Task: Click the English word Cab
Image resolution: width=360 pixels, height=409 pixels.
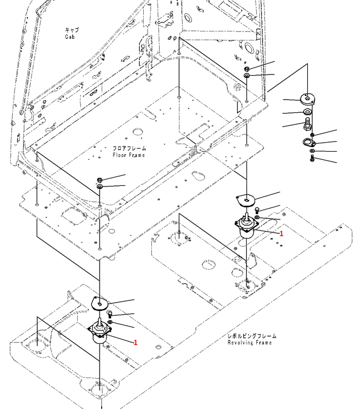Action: pos(70,37)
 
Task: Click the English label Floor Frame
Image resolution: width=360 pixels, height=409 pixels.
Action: pos(129,155)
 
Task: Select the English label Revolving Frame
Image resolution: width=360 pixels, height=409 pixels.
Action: pos(249,343)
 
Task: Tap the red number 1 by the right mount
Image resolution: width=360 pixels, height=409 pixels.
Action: pos(281,234)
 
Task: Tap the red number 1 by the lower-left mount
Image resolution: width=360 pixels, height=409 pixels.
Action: pos(135,342)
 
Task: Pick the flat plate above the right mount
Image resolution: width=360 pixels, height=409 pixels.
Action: pos(246,200)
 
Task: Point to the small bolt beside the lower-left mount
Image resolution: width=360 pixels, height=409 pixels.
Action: pos(109,314)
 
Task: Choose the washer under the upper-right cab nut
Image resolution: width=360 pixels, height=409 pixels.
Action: pos(248,76)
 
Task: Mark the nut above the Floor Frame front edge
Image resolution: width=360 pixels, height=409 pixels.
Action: pos(100,179)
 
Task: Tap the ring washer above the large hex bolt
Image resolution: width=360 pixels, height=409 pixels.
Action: pos(307,113)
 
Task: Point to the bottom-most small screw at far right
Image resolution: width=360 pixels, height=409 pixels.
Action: pos(312,159)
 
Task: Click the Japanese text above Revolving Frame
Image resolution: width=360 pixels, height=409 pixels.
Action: pos(251,336)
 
